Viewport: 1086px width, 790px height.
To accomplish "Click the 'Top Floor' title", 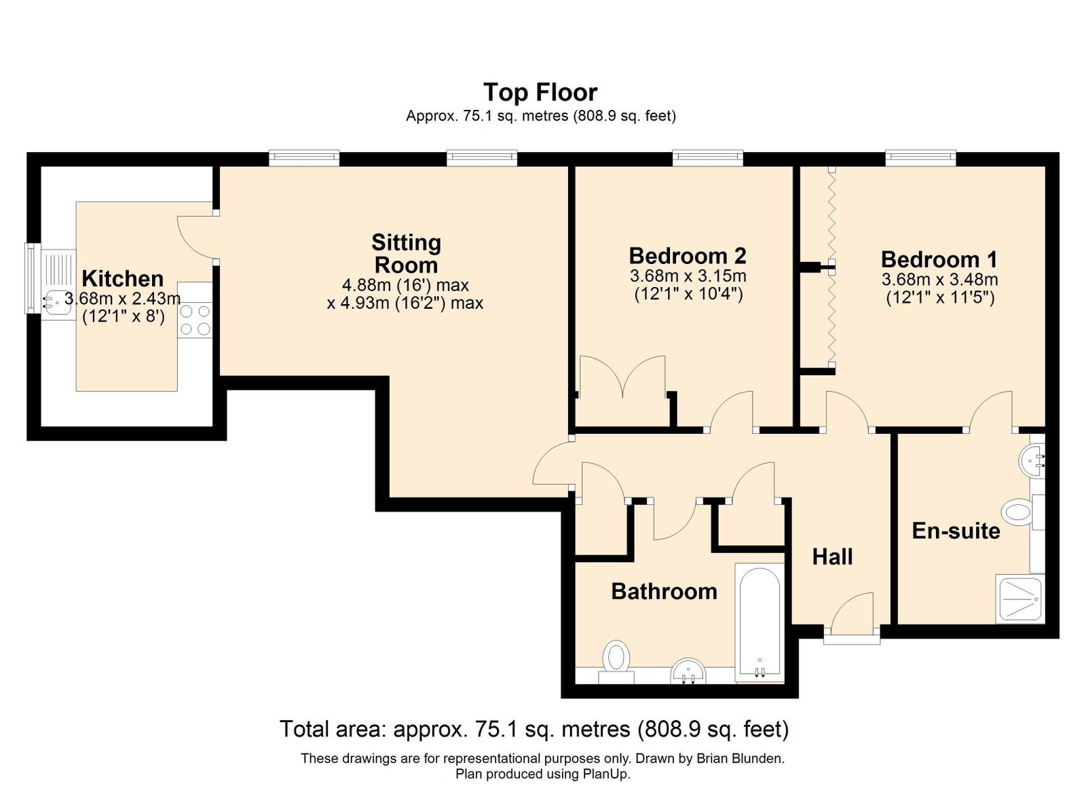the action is click(540, 92).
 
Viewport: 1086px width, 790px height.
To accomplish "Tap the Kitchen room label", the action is click(123, 279).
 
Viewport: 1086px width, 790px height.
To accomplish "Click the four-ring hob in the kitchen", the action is click(195, 320).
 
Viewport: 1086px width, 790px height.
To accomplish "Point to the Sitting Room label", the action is click(407, 253).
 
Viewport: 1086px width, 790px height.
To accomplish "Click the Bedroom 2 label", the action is click(688, 255).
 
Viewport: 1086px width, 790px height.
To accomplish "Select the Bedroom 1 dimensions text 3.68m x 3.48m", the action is click(939, 280).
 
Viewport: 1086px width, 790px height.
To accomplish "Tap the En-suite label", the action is click(956, 531).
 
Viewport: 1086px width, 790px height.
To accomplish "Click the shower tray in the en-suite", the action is click(1019, 599).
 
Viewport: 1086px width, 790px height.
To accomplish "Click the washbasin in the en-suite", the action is click(1032, 462).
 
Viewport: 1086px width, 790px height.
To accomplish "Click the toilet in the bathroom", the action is click(616, 662).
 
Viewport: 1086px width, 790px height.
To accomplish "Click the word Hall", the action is click(832, 557).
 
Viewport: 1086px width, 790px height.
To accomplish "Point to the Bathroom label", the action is click(664, 592).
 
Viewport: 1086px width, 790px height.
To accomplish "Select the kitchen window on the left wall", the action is click(33, 278).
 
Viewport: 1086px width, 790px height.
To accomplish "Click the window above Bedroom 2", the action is click(707, 157).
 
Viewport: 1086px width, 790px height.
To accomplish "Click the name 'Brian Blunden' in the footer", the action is click(740, 759).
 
